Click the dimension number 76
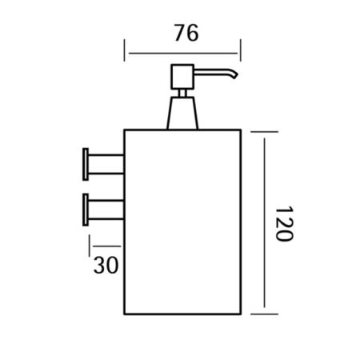[186, 33]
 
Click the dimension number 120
[284, 224]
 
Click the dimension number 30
[106, 265]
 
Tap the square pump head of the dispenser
[182, 77]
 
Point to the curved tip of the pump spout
[235, 75]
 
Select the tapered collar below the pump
[182, 114]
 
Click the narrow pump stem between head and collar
[182, 94]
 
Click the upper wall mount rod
[106, 164]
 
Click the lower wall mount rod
[106, 210]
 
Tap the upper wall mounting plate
[86, 164]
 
